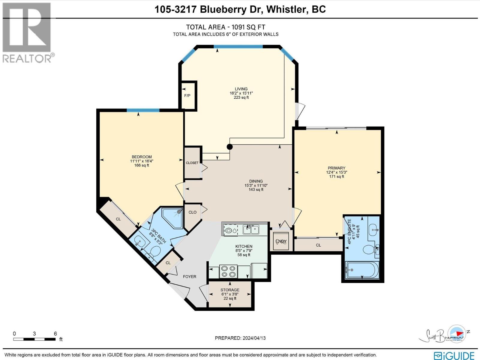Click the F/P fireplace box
[x=187, y=95]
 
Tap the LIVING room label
[x=241, y=89]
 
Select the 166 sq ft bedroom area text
[x=142, y=165]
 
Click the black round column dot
[x=229, y=147]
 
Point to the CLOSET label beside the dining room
[x=192, y=163]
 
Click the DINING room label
[x=256, y=181]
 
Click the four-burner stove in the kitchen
[x=228, y=271]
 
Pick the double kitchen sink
[x=251, y=230]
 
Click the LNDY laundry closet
[x=281, y=241]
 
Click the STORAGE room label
[x=230, y=290]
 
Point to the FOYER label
[x=190, y=277]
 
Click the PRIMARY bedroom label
[x=336, y=168]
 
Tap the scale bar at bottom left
[x=34, y=339]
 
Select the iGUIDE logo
[x=455, y=355]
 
